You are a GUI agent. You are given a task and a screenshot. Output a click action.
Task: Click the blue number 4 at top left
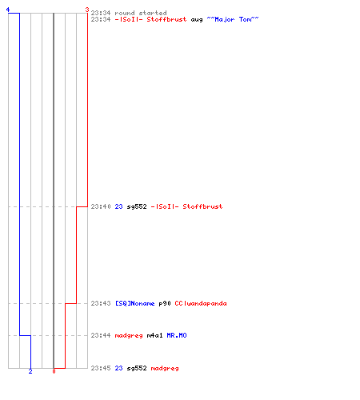pyautogui.click(x=8, y=10)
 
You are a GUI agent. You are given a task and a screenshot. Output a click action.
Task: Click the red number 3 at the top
pyautogui.click(x=87, y=10)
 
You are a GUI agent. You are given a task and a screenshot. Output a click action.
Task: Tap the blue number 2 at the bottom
pyautogui.click(x=30, y=371)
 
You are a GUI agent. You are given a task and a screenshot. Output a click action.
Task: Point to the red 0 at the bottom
pyautogui.click(x=54, y=371)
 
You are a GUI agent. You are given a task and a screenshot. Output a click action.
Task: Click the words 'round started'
pyautogui.click(x=141, y=13)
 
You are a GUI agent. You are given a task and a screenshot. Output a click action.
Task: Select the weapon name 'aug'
pyautogui.click(x=197, y=20)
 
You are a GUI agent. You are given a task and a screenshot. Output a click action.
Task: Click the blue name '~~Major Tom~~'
pyautogui.click(x=233, y=19)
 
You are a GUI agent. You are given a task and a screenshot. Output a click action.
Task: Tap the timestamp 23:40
pyautogui.click(x=101, y=206)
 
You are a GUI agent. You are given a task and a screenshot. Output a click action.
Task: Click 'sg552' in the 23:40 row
pyautogui.click(x=137, y=206)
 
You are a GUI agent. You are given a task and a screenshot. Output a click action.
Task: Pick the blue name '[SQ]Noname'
pyautogui.click(x=135, y=303)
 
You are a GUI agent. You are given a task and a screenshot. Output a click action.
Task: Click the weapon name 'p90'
pyautogui.click(x=165, y=304)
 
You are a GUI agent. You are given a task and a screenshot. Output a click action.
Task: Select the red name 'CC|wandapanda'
pyautogui.click(x=201, y=303)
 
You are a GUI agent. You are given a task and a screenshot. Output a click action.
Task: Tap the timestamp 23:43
pyautogui.click(x=101, y=303)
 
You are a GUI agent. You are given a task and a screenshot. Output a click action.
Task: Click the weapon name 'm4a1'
pyautogui.click(x=154, y=335)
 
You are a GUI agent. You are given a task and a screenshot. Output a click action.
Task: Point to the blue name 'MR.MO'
pyautogui.click(x=177, y=335)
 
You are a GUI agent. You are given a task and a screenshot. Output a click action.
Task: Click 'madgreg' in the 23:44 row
pyautogui.click(x=129, y=336)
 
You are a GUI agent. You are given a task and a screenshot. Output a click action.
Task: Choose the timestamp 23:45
pyautogui.click(x=101, y=368)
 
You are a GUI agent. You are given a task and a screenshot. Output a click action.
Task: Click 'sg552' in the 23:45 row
pyautogui.click(x=137, y=368)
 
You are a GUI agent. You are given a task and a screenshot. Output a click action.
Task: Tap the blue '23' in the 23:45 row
pyautogui.click(x=118, y=368)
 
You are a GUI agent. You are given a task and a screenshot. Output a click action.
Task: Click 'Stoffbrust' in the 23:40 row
pyautogui.click(x=202, y=206)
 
